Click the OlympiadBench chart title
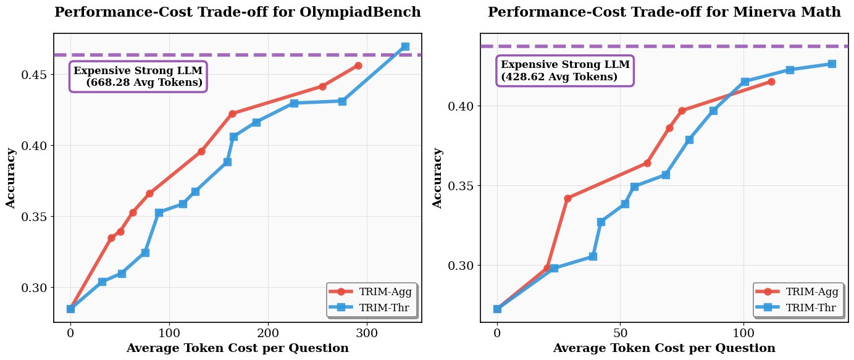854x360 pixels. (238, 12)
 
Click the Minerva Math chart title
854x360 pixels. (664, 12)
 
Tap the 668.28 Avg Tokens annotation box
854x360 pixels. (138, 77)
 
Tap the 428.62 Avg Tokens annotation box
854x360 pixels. (565, 71)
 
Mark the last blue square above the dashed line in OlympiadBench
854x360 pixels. (405, 46)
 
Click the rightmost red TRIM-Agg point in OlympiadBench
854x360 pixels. (358, 65)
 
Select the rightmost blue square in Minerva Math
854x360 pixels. (832, 64)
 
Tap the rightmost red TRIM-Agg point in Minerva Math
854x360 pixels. (771, 82)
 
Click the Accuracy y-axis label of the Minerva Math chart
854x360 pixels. (438, 178)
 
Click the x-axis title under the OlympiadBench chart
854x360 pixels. (238, 348)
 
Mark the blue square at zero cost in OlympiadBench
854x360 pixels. (70, 309)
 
